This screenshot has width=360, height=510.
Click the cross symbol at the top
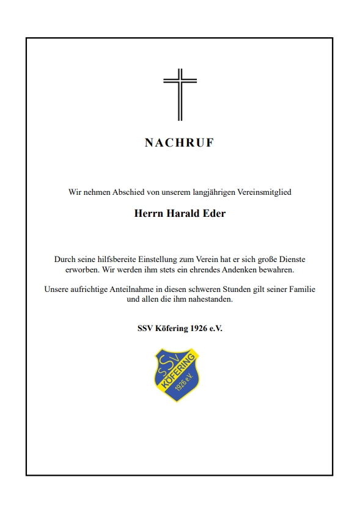pos(180,94)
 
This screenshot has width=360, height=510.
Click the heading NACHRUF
pos(180,143)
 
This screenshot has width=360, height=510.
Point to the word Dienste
pos(289,259)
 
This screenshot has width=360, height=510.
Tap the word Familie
pos(301,290)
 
